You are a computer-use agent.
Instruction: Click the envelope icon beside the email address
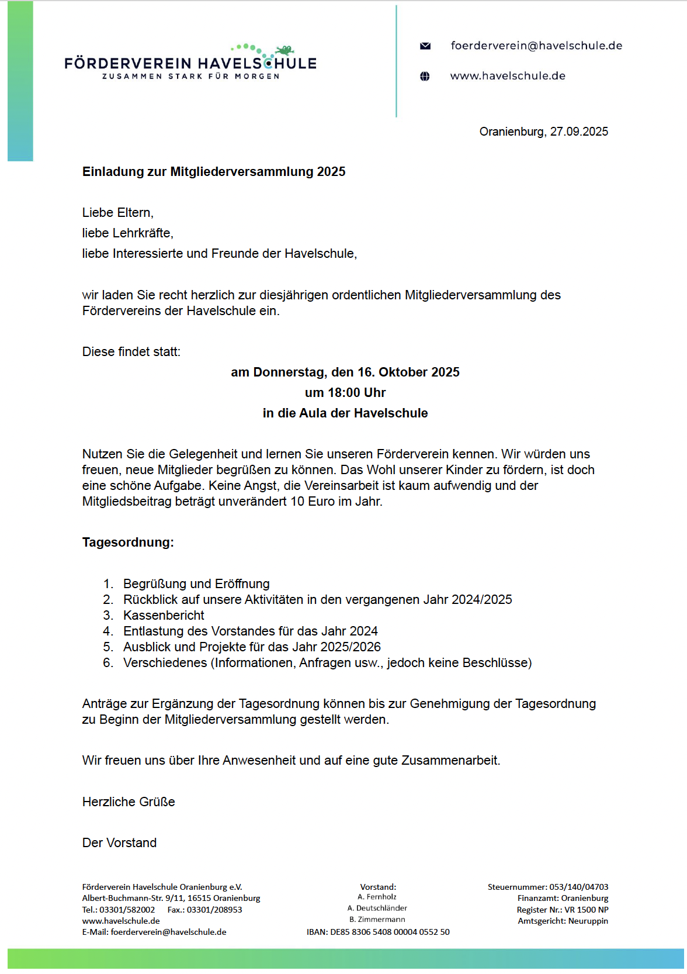pyautogui.click(x=425, y=46)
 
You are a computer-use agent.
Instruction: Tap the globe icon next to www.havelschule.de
pyautogui.click(x=425, y=76)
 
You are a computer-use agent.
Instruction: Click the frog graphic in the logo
pyautogui.click(x=284, y=50)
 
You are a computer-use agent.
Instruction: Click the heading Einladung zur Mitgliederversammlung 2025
pyautogui.click(x=214, y=172)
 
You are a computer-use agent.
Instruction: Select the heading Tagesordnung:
pyautogui.click(x=128, y=543)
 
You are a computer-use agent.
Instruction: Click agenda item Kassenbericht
pyautogui.click(x=164, y=616)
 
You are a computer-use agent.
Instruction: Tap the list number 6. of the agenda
pyautogui.click(x=108, y=663)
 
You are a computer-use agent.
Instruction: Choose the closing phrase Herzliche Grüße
pyautogui.click(x=129, y=802)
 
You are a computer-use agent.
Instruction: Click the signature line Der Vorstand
pyautogui.click(x=119, y=843)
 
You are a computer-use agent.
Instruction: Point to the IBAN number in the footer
pyautogui.click(x=390, y=932)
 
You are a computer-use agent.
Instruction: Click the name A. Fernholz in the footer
pyautogui.click(x=377, y=897)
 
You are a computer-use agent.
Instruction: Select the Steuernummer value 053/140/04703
pyautogui.click(x=578, y=887)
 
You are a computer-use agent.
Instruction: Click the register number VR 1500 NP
pyautogui.click(x=586, y=910)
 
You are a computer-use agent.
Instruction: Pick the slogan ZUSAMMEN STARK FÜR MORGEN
pyautogui.click(x=190, y=77)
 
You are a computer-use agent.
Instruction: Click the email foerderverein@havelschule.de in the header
pyautogui.click(x=536, y=46)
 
